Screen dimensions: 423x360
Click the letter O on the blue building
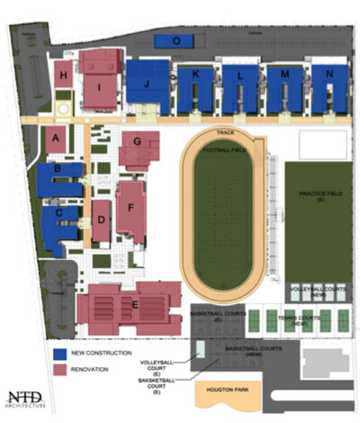175,40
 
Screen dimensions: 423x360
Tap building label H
63,76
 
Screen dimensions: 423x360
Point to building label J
144,84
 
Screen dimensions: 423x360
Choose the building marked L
239,76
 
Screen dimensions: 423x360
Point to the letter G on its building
137,141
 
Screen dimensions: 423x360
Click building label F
130,207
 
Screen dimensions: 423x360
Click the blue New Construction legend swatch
58,354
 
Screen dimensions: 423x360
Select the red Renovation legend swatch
58,369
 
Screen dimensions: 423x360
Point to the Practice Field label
319,193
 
